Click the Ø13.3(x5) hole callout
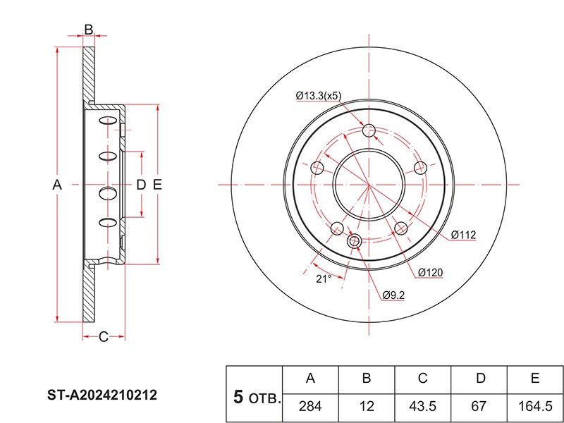tap(319, 96)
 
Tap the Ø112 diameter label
tap(464, 235)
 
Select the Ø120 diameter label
tap(431, 273)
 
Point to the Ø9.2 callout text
tap(393, 295)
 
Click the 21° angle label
tap(324, 278)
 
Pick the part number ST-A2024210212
tap(102, 396)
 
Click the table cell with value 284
tap(310, 407)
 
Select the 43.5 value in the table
tap(422, 407)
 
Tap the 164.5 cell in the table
tap(535, 407)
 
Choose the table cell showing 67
tap(479, 407)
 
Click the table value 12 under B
tap(367, 407)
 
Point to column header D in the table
tap(481, 379)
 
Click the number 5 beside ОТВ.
tap(238, 397)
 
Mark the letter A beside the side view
tap(57, 185)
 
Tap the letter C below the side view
tap(103, 337)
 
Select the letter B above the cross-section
tap(89, 30)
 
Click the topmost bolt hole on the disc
tap(369, 130)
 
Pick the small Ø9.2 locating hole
tap(355, 241)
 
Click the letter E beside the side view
tap(157, 185)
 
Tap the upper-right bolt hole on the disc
tap(420, 168)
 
